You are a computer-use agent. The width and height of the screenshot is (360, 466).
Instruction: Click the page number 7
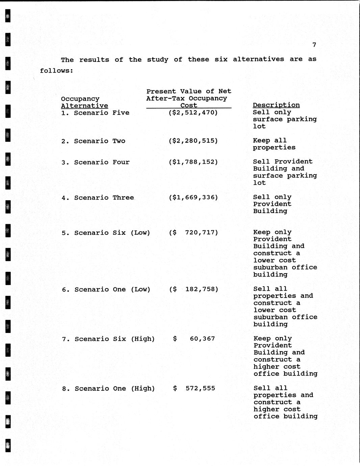pos(314,45)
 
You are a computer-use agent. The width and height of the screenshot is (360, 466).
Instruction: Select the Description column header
pos(276,105)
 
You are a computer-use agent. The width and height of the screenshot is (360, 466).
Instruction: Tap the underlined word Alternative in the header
pos(84,106)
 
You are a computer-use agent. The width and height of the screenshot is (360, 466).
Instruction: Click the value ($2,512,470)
pos(193,112)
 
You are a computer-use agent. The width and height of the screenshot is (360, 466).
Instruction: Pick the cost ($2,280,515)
pos(193,141)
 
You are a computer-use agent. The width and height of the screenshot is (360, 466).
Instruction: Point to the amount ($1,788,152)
pos(193,162)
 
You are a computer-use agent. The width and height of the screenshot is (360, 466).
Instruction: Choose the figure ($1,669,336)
pos(193,197)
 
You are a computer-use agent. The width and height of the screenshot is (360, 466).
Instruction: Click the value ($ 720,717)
pos(194,232)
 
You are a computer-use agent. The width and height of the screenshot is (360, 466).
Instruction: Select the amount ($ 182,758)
pos(194,289)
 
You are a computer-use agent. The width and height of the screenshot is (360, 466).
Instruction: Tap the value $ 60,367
pos(194,339)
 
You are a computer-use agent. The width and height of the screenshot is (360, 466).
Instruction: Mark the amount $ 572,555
pos(194,388)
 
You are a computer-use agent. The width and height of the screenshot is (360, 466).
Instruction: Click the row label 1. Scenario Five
pos(95,113)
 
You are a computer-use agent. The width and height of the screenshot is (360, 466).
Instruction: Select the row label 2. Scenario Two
pos(93,141)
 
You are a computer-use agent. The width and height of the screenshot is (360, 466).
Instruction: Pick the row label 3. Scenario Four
pos(96,162)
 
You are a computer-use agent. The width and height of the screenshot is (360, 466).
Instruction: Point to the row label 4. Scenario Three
pos(98,198)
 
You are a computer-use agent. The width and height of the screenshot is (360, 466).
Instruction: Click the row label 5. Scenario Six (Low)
pos(106,233)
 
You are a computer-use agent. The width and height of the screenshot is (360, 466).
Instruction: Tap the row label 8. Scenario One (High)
pos(108,389)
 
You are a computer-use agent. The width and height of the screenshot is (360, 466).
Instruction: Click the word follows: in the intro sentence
pos(56,71)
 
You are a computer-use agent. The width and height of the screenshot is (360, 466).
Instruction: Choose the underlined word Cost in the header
pos(189,105)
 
